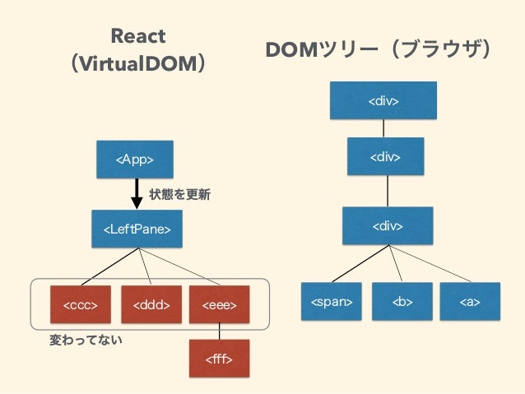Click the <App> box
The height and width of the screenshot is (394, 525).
point(135,160)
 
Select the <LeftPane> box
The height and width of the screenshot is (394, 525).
point(137,229)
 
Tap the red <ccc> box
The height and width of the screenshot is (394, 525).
point(81,304)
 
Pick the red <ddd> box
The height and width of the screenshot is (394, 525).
point(151,304)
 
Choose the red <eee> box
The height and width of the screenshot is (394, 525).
point(220,304)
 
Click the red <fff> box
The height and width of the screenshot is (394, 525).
point(220,359)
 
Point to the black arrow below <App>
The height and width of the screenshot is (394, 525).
point(137,194)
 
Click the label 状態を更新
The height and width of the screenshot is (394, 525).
point(179,194)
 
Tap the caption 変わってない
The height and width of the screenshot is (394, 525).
point(86,340)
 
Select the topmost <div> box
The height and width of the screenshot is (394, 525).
point(383,100)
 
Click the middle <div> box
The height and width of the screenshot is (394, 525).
point(386,156)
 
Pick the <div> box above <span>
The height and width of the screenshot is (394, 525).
point(388,225)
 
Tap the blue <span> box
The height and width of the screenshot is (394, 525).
point(332,301)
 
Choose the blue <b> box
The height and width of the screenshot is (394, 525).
point(402,301)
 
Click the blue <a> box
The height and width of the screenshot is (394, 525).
point(470,301)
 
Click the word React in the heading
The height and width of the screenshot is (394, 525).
point(138,36)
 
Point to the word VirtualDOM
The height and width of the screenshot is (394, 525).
point(138,63)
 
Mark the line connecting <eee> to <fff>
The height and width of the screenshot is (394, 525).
point(220,331)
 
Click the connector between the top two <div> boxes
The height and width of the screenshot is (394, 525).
point(383,128)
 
